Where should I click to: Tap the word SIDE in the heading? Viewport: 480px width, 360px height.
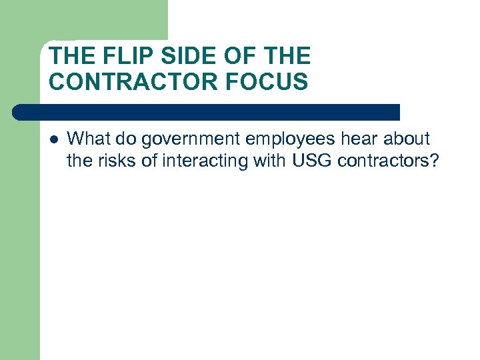pos(176,55)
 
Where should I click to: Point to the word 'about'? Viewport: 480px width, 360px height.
pos(409,139)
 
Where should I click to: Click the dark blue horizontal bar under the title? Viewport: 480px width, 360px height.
pos(207,112)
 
